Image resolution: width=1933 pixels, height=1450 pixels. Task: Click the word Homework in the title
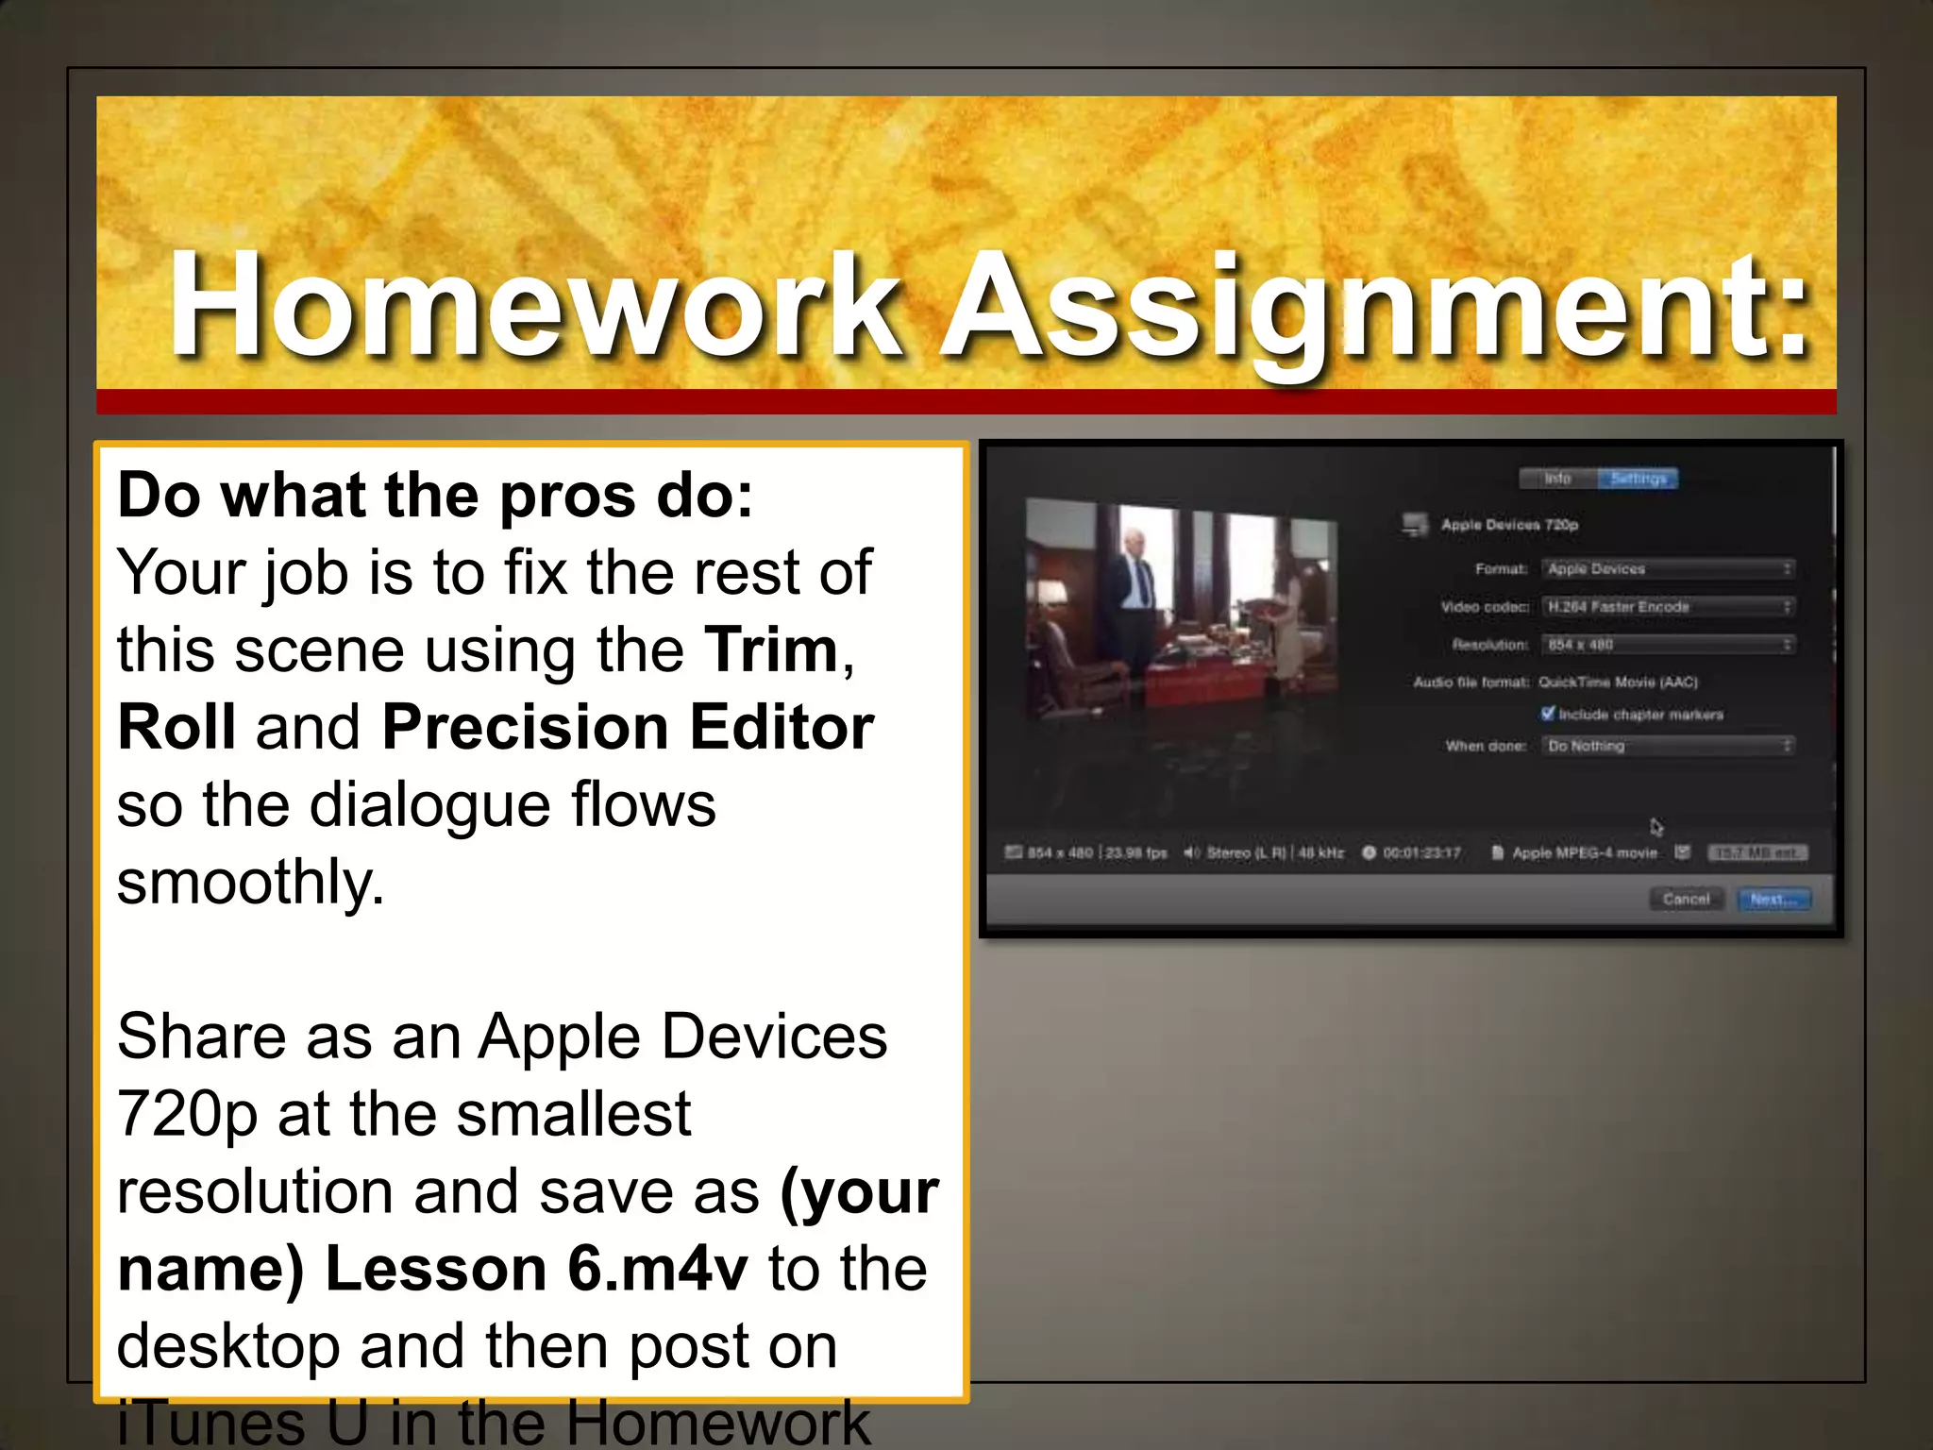(534, 307)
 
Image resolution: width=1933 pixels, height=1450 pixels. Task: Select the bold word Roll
(176, 728)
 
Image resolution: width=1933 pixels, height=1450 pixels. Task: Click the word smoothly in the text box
(250, 883)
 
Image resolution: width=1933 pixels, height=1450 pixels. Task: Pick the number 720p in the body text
(186, 1115)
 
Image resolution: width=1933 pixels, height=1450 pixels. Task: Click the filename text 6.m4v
(657, 1269)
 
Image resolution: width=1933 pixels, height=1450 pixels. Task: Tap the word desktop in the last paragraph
(227, 1346)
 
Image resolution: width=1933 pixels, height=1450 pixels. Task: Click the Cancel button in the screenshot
(1686, 899)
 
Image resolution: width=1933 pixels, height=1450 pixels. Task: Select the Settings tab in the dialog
(1638, 479)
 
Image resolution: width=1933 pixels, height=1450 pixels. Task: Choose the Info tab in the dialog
(1557, 479)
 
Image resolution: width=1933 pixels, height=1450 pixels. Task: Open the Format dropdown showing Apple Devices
(1668, 568)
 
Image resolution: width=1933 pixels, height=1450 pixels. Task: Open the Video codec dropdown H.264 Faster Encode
(1668, 606)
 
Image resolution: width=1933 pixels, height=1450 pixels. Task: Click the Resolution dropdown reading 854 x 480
(1668, 645)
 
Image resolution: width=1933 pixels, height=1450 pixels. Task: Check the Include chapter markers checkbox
(1547, 714)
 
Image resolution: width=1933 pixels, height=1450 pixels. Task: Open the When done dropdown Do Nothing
(1668, 746)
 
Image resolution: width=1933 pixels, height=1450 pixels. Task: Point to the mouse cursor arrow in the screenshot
(1656, 827)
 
